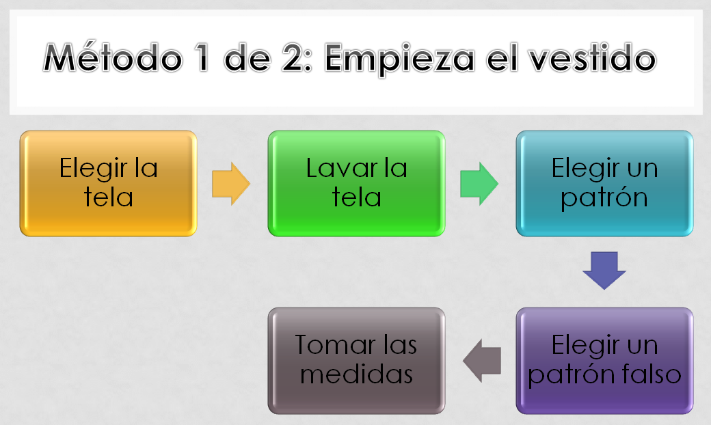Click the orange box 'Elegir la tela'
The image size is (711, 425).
108,183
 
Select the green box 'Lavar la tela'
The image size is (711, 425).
356,183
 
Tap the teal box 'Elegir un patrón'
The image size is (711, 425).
604,183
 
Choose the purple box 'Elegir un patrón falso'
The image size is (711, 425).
604,360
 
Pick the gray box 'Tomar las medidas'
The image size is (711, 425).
356,360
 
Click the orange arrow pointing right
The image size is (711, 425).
231,183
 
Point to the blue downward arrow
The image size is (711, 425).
604,270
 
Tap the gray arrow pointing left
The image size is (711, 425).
482,360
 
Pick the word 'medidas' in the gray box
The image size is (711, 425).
356,374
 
